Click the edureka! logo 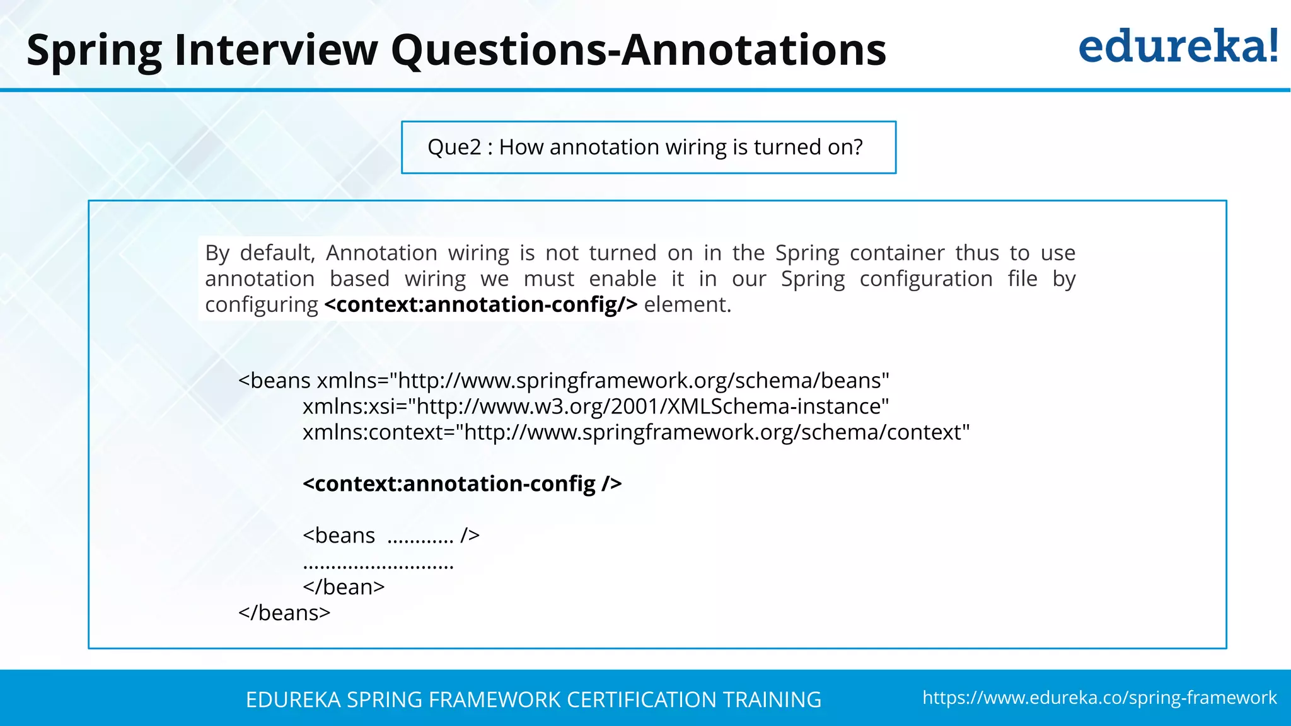click(x=1178, y=47)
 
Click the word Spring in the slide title click(x=94, y=50)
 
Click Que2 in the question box click(x=454, y=147)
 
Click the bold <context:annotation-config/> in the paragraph click(x=481, y=304)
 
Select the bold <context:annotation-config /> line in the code click(x=462, y=483)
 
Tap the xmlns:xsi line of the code click(x=596, y=406)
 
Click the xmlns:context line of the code click(x=636, y=432)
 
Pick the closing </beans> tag click(x=284, y=613)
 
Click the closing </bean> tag click(x=344, y=587)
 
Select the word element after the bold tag click(x=687, y=304)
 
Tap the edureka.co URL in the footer click(x=1099, y=698)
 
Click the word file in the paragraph click(x=1022, y=279)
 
